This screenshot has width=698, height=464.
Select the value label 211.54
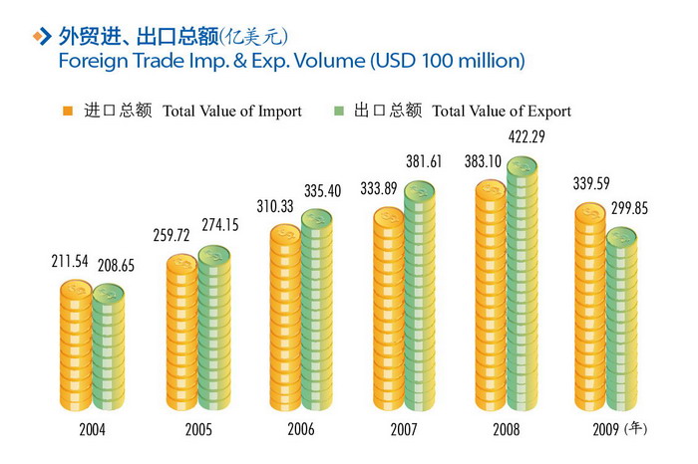pos(73,263)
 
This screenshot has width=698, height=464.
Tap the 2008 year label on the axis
pos(508,431)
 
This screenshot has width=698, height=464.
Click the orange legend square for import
pos(68,112)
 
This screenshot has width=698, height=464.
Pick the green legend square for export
pos(338,112)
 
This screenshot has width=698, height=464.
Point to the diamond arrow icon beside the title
pos(41,37)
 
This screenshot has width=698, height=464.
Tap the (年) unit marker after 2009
pos(636,430)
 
